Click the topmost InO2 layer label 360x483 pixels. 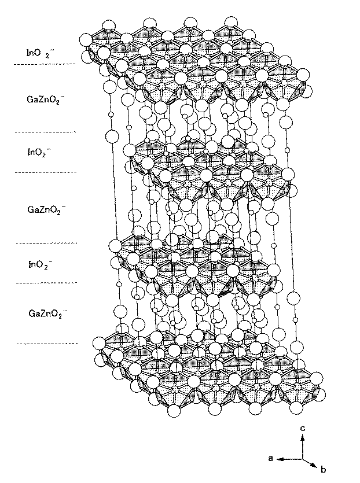(40, 52)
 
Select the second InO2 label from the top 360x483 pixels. (40, 152)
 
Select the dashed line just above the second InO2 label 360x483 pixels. (46, 132)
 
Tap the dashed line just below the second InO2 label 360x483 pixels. (46, 172)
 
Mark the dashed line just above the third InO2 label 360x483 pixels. (46, 243)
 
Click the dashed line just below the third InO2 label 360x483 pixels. (46, 283)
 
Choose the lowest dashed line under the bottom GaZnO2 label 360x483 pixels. (46, 344)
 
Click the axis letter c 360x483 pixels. (302, 428)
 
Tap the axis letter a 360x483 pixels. (271, 458)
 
